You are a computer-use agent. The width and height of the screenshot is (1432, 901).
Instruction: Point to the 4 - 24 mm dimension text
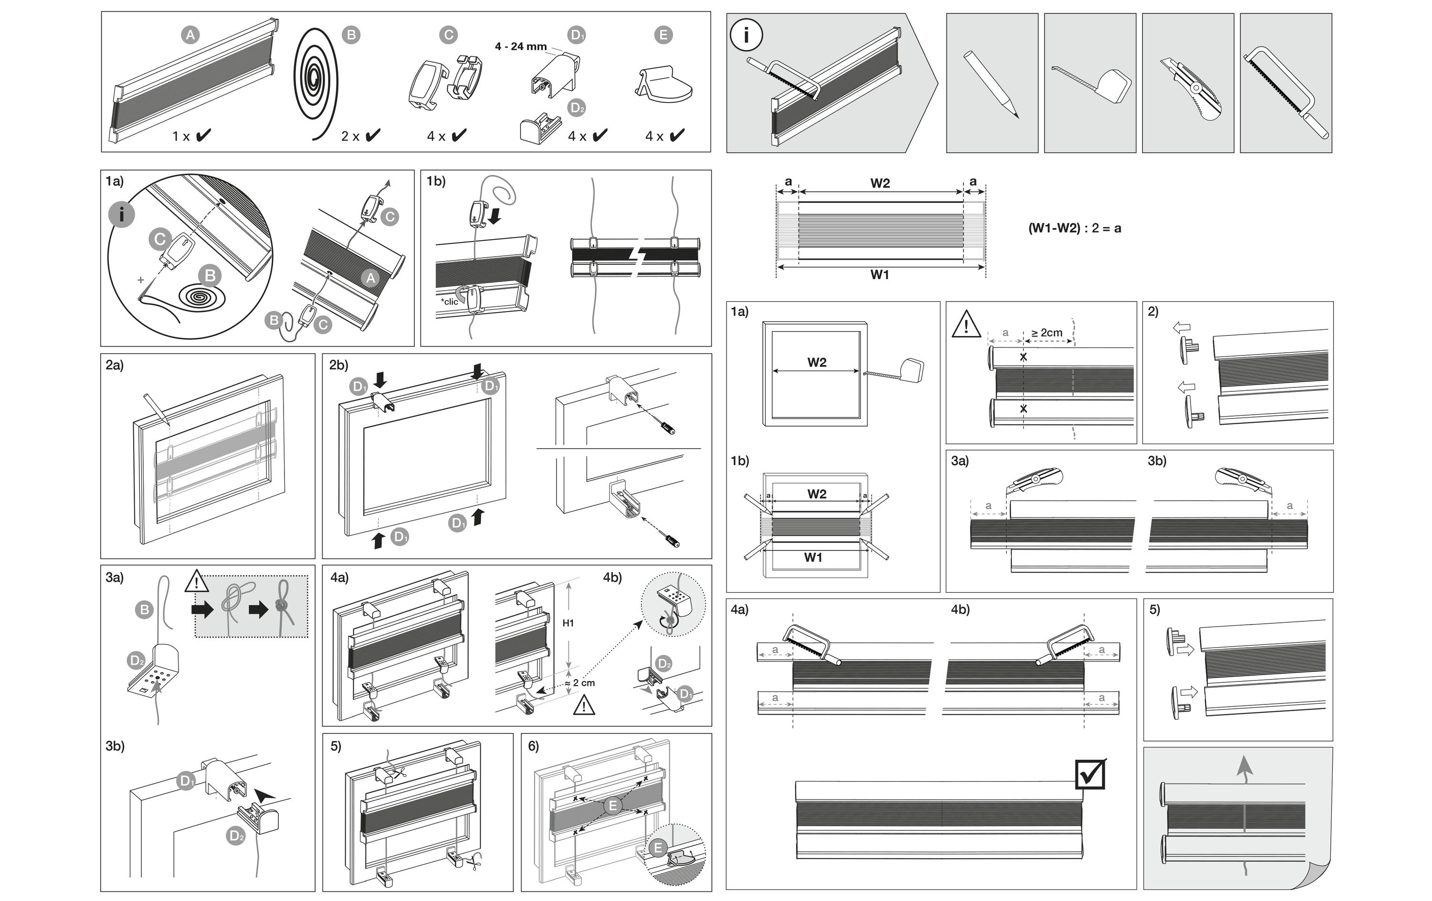(x=520, y=46)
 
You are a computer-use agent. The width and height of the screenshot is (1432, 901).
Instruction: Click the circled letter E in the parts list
(x=663, y=35)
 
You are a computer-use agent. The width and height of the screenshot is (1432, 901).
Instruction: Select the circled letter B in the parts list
(x=351, y=35)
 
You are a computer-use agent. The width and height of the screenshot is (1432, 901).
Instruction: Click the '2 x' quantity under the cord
(x=350, y=136)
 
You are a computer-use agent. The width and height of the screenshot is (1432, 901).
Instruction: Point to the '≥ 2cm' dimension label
(x=1047, y=333)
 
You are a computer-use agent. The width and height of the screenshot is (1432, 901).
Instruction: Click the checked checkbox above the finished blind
(x=1091, y=775)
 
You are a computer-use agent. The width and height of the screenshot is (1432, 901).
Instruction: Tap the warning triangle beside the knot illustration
(x=196, y=581)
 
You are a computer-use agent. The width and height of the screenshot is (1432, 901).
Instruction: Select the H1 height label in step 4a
(x=568, y=623)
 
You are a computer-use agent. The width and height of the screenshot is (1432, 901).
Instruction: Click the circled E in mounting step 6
(x=612, y=806)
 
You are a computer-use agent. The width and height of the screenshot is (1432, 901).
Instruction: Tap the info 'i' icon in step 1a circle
(x=122, y=215)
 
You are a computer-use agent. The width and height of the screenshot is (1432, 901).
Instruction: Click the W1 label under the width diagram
(x=880, y=275)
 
